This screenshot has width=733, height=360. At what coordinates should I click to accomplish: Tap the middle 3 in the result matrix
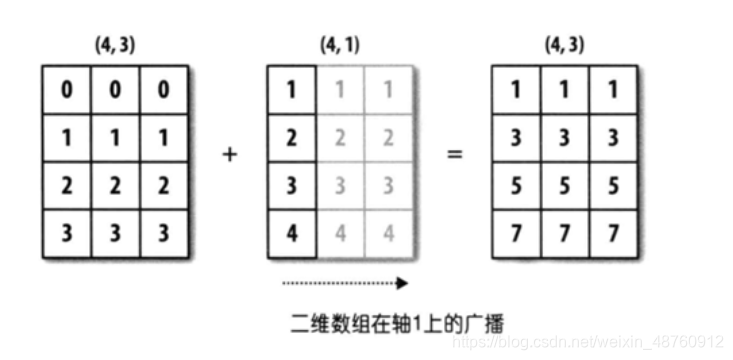pyautogui.click(x=565, y=136)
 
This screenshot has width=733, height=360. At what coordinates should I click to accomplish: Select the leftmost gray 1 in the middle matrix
pyautogui.click(x=340, y=90)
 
